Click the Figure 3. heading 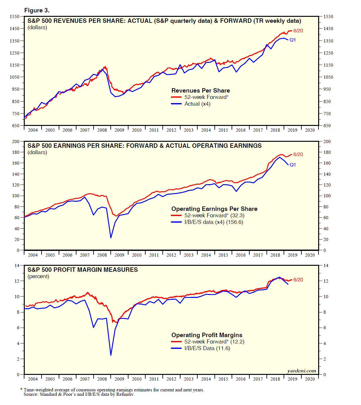pyautogui.click(x=37, y=10)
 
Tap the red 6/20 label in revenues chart pyautogui.click(x=298, y=31)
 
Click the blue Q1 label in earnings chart pyautogui.click(x=292, y=165)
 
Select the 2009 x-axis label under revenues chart pyautogui.click(x=119, y=130)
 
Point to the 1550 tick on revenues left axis pyautogui.click(x=14, y=16)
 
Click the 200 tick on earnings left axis pyautogui.click(x=16, y=141)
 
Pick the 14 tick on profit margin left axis pyautogui.click(x=17, y=265)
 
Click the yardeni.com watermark pyautogui.click(x=301, y=371)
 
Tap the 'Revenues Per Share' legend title pyautogui.click(x=200, y=91)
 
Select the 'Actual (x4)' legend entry pyautogui.click(x=197, y=104)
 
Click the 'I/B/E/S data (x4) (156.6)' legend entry pyautogui.click(x=213, y=222)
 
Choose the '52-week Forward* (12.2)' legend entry pyautogui.click(x=214, y=342)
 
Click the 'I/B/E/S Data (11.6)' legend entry pyautogui.click(x=207, y=349)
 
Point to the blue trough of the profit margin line pyautogui.click(x=111, y=355)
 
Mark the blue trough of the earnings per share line pyautogui.click(x=111, y=238)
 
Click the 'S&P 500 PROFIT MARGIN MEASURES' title pyautogui.click(x=82, y=270)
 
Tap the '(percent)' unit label pyautogui.click(x=38, y=277)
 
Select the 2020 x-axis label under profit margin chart pyautogui.click(x=310, y=379)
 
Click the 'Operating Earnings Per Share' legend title pyautogui.click(x=214, y=209)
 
